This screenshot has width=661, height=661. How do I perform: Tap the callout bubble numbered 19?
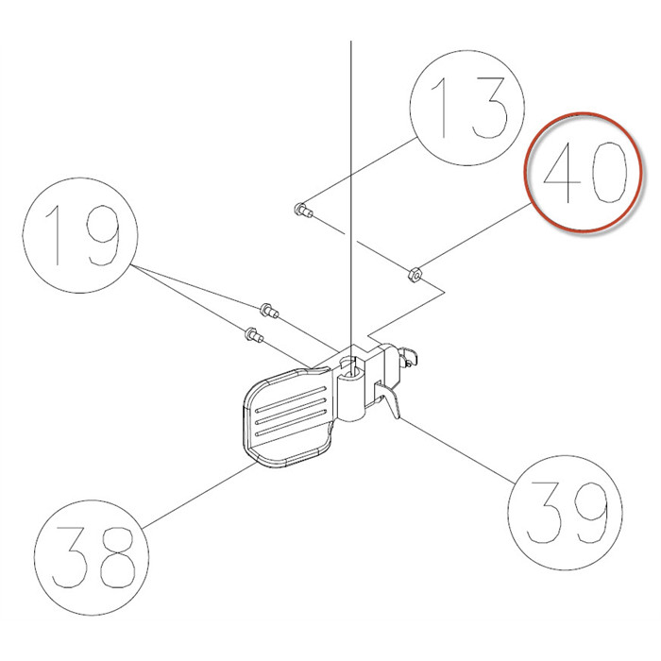[78, 240]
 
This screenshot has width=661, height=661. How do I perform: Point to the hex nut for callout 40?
[413, 276]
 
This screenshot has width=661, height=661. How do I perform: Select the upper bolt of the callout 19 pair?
[268, 309]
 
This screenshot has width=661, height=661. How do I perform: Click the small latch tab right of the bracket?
[409, 355]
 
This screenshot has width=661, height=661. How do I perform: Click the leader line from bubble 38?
[194, 493]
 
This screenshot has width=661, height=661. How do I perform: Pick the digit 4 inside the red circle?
[561, 176]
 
